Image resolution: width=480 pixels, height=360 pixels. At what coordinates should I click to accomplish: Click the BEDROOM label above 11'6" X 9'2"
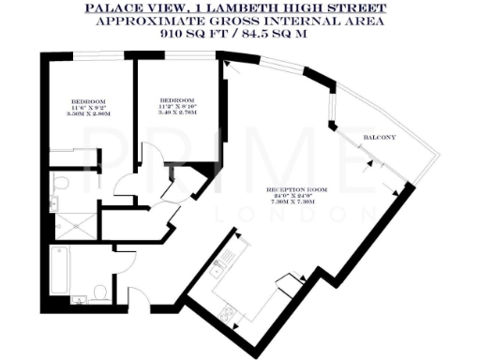pyautogui.click(x=87, y=100)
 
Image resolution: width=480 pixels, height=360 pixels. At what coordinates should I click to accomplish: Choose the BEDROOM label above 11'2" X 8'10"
pyautogui.click(x=176, y=99)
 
